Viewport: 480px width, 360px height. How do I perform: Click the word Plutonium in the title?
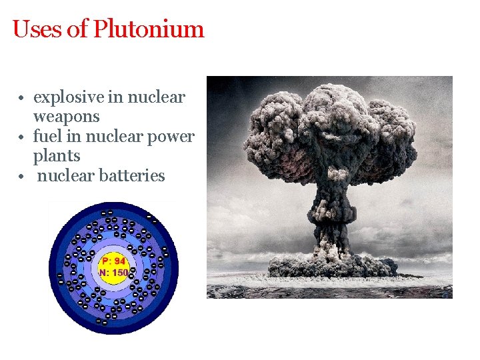coord(149,29)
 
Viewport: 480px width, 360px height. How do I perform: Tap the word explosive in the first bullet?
coord(68,97)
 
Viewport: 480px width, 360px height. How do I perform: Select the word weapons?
coord(66,117)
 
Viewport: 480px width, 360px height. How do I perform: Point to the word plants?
coord(57,156)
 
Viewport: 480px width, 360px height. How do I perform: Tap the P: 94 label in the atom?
coord(113,261)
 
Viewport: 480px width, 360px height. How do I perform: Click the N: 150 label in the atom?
coord(113,272)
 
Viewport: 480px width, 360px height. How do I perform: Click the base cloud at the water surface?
coord(330,267)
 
